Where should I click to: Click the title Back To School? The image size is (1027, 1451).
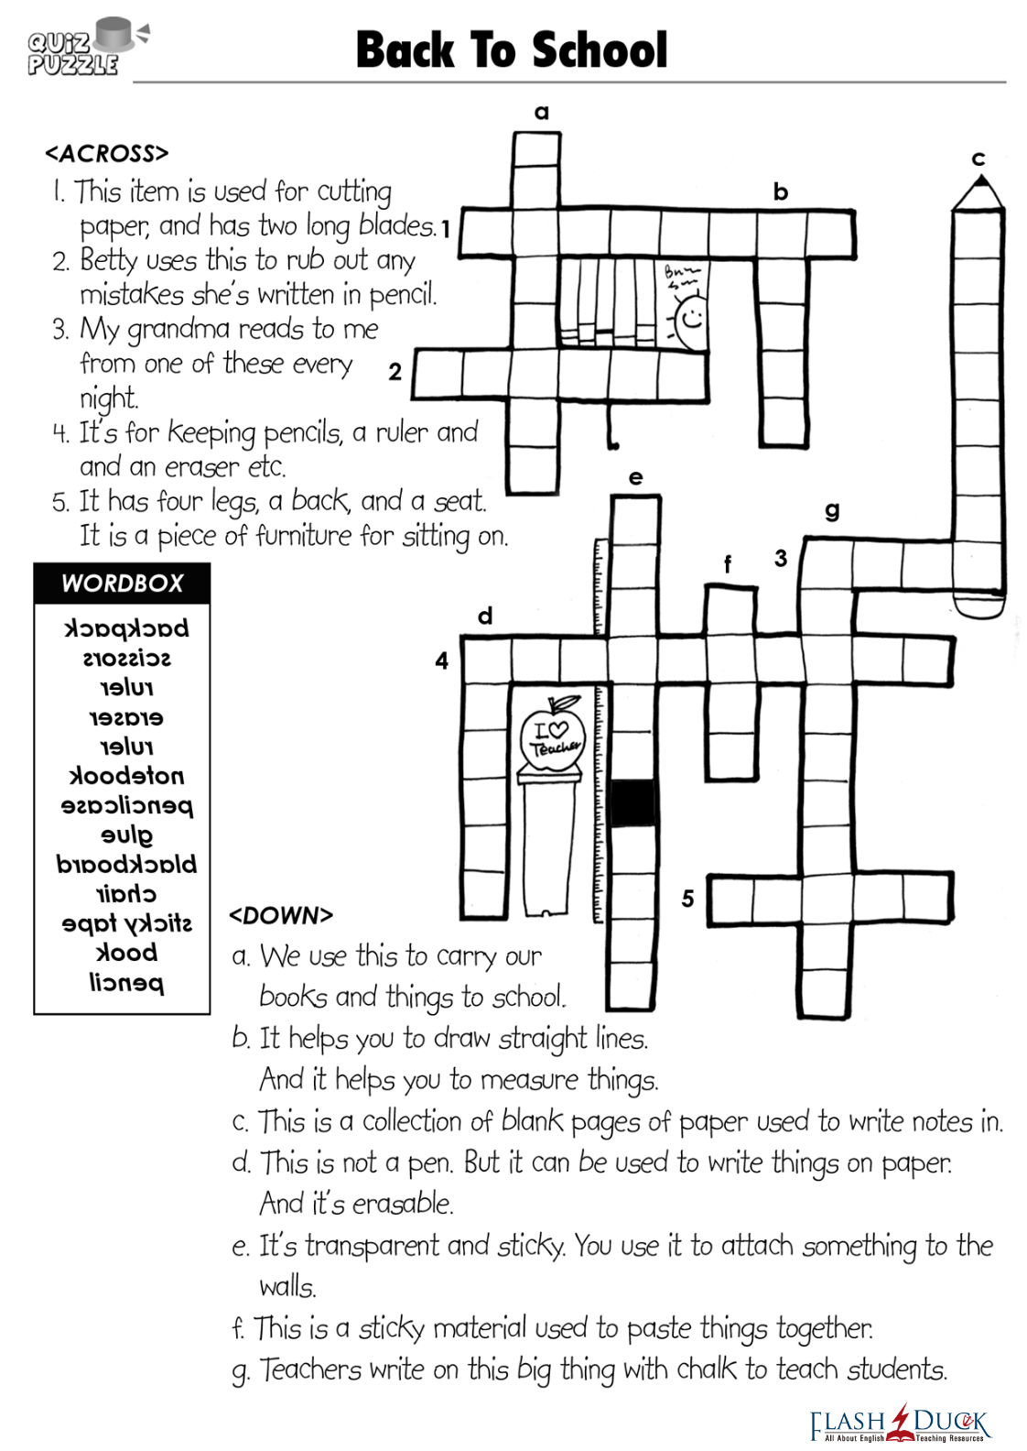511,50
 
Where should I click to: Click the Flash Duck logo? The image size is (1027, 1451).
900,1423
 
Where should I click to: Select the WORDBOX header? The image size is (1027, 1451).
122,584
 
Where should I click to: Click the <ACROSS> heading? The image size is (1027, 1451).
107,153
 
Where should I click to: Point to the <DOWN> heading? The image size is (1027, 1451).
281,915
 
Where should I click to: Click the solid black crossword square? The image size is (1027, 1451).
633,802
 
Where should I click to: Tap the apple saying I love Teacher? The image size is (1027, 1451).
552,734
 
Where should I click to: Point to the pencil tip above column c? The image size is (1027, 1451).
978,191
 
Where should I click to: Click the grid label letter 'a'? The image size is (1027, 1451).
542,113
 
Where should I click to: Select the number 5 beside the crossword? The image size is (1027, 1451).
687,899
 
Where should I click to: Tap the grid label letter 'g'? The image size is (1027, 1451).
832,510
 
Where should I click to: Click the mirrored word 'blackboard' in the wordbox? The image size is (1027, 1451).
126,864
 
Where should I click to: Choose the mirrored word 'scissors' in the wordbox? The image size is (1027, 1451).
126,659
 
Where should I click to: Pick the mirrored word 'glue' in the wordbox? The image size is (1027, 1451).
126,835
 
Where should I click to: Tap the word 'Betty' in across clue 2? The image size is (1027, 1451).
108,260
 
